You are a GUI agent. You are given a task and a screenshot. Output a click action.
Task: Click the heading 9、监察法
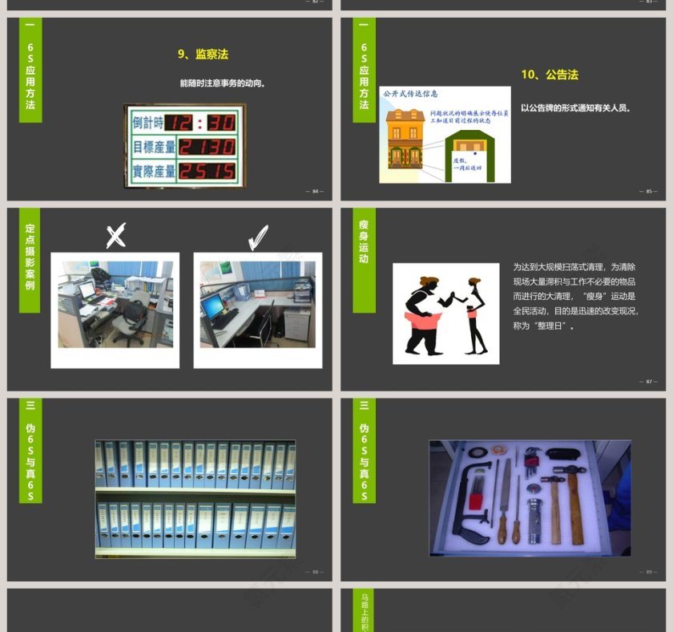pyautogui.click(x=203, y=55)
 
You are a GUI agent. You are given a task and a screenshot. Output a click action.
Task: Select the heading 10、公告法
pyautogui.click(x=549, y=75)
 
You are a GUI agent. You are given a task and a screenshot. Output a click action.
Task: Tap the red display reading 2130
pyautogui.click(x=206, y=147)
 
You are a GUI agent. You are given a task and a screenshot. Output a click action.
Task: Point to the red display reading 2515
pyautogui.click(x=206, y=171)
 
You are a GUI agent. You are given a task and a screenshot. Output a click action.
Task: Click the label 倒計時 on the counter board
pyautogui.click(x=148, y=123)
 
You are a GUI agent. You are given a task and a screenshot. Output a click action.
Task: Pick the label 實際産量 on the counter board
pyautogui.click(x=153, y=171)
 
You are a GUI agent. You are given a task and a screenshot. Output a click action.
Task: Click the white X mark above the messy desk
pyautogui.click(x=116, y=236)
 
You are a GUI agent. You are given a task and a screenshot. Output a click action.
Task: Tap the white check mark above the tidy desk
pyautogui.click(x=257, y=237)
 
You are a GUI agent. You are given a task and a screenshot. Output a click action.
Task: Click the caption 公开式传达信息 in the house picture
pyautogui.click(x=410, y=94)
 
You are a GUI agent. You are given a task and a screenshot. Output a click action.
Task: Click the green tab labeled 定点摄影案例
pyautogui.click(x=30, y=257)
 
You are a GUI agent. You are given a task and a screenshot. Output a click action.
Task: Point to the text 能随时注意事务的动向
pyautogui.click(x=223, y=83)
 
